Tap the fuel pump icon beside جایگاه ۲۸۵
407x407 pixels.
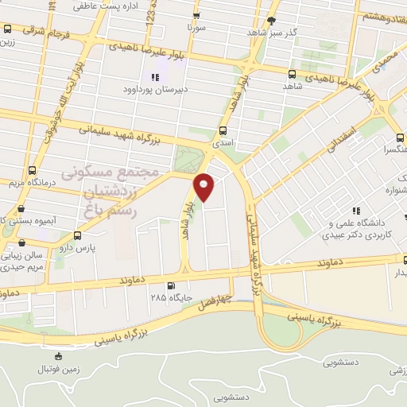click(170, 286)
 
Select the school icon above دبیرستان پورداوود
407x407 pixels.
click(155, 77)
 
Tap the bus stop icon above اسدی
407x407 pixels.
click(222, 132)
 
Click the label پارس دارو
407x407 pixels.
click(79, 248)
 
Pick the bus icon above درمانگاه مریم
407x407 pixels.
click(32, 170)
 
